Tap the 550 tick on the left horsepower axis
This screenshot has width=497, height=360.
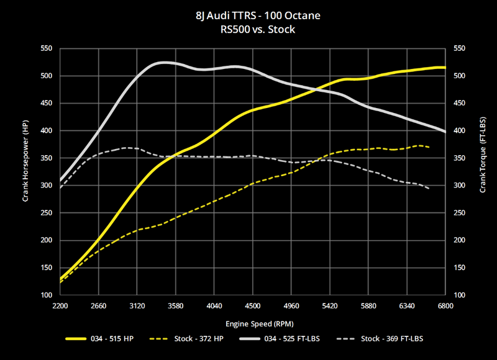(47, 48)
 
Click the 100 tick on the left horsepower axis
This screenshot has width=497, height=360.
(47, 295)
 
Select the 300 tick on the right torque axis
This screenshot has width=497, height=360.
(460, 186)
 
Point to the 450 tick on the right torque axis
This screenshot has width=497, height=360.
(460, 103)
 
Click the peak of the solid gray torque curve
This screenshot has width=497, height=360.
(163, 62)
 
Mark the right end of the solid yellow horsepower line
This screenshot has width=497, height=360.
(445, 67)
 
